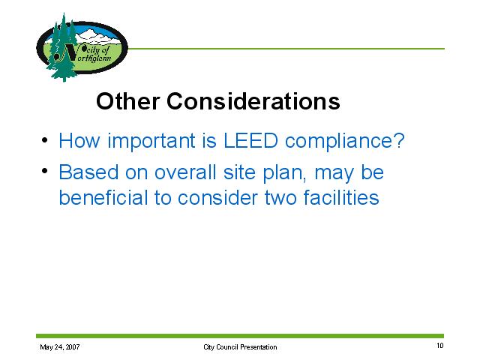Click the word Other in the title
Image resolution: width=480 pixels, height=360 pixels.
128,101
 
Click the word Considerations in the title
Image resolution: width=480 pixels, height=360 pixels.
253,101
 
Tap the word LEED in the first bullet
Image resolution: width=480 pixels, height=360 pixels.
250,140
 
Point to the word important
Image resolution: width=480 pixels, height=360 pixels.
151,141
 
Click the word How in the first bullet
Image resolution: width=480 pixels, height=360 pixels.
79,140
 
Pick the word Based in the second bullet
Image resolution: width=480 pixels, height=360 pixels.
88,172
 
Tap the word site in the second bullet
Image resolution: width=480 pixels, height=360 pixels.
239,172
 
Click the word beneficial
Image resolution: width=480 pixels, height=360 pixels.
103,197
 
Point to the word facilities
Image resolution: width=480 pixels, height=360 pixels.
341,197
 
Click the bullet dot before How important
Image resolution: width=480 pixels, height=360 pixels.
45,140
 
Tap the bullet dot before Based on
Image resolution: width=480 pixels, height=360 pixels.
45,171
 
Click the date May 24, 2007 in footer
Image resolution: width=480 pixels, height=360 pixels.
60,346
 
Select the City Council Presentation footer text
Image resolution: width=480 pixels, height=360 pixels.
240,347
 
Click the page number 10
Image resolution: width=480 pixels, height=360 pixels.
440,346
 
